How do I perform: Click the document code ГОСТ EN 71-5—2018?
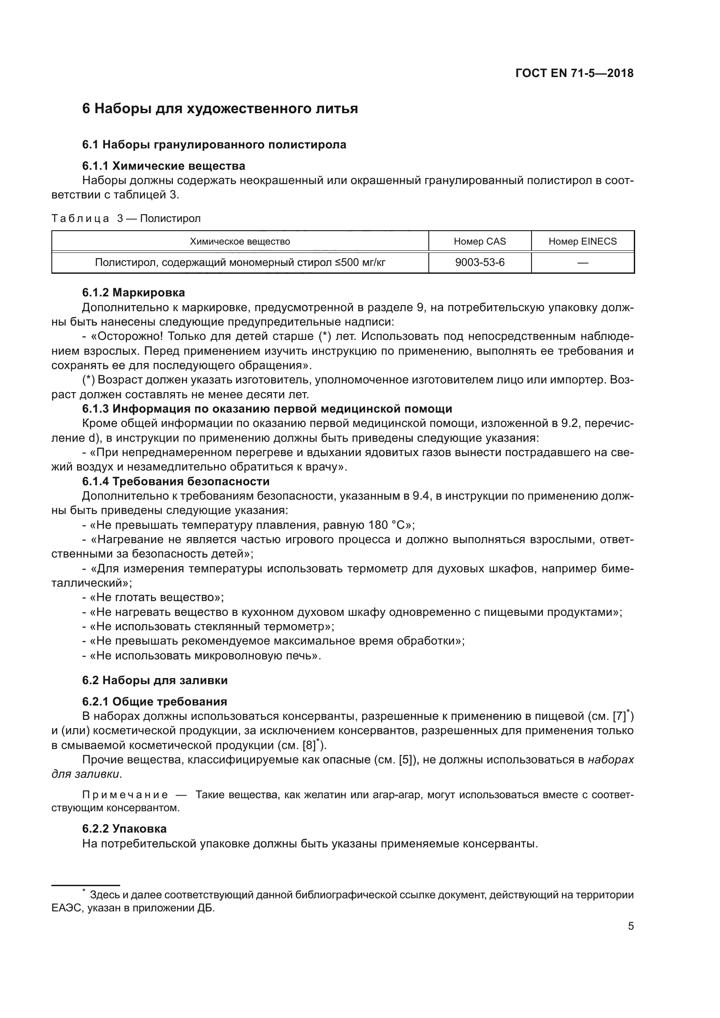point(574,73)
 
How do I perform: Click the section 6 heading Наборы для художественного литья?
point(220,109)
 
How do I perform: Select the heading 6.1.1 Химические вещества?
point(164,166)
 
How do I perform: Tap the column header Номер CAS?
point(480,241)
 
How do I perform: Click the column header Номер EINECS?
point(582,241)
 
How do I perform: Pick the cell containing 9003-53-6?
point(480,262)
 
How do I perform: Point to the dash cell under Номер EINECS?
point(582,263)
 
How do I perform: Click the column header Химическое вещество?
point(240,241)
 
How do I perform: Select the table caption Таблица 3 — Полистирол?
point(126,218)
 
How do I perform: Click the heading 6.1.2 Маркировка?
point(134,292)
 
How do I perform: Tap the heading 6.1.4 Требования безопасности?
point(175,481)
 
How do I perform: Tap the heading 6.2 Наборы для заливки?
point(155,681)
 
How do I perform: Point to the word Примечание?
point(125,795)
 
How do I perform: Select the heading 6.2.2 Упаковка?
point(124,829)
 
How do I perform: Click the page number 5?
point(630,926)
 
